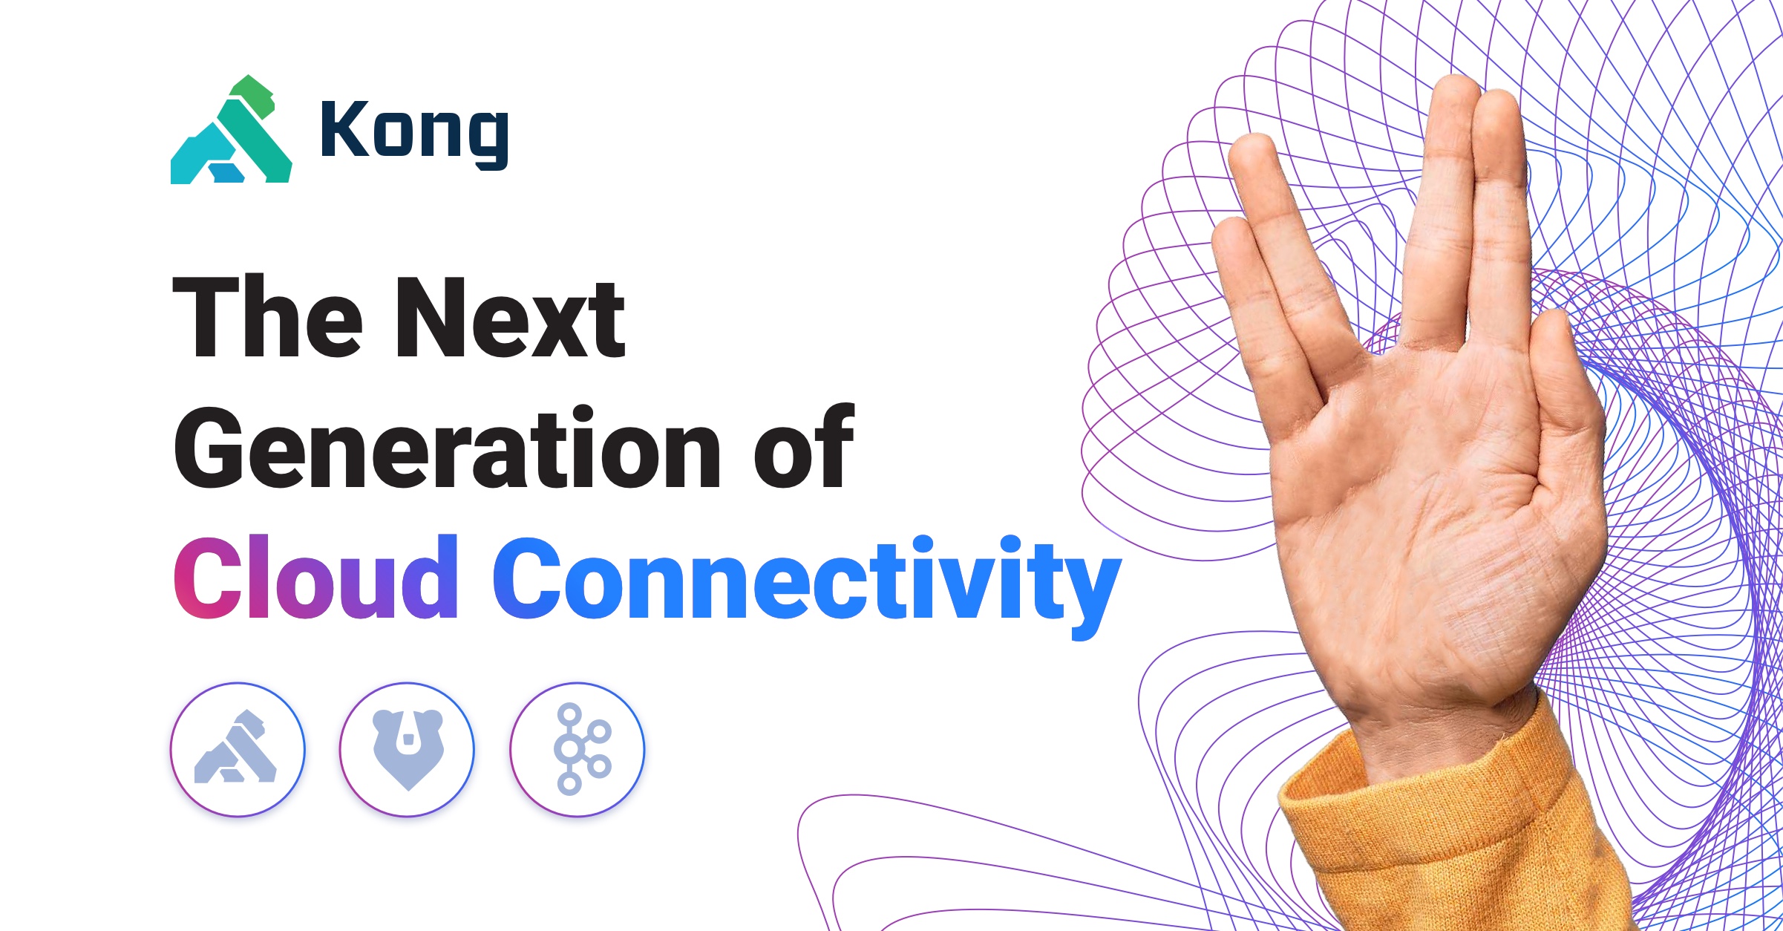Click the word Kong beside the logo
(414, 132)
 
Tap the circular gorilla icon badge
(238, 749)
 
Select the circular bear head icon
(408, 749)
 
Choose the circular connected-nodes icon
(578, 749)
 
